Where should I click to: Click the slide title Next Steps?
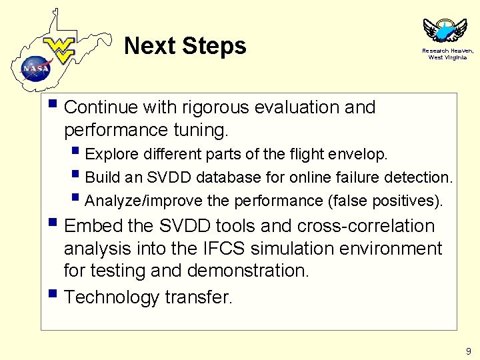point(185,46)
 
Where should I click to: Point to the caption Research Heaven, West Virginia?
point(447,54)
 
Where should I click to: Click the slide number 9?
point(468,351)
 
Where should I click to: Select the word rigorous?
point(221,107)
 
